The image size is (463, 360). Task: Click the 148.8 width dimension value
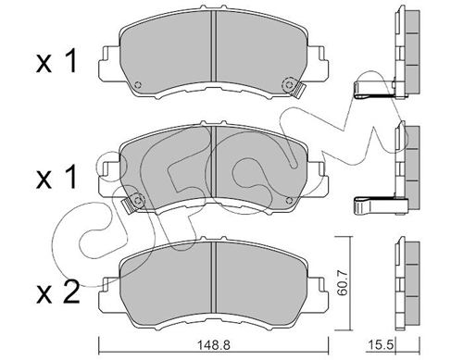[214, 345]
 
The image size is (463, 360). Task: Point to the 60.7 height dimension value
[343, 282]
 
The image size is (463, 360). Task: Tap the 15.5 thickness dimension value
[382, 345]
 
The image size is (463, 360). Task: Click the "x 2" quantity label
[58, 293]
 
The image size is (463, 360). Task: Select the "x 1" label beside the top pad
[56, 62]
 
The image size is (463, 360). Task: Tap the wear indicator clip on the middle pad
[129, 205]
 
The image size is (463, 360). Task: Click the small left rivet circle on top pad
[138, 84]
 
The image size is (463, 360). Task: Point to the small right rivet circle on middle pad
[289, 201]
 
